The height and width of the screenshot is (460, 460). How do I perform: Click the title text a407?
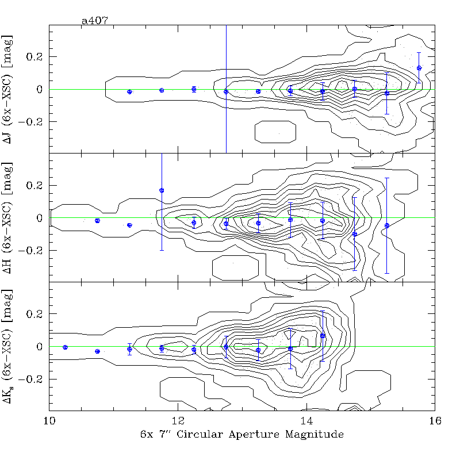click(x=95, y=21)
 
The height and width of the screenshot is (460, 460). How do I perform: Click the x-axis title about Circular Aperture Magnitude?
click(x=242, y=435)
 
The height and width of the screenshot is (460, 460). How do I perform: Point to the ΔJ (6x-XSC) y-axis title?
click(x=10, y=89)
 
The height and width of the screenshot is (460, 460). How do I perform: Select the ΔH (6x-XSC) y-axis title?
click(x=10, y=218)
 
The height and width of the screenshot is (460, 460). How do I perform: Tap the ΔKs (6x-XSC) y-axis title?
click(x=10, y=347)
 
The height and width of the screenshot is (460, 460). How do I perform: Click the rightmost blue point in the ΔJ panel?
click(x=419, y=68)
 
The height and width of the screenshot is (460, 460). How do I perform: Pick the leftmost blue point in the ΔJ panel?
click(x=129, y=92)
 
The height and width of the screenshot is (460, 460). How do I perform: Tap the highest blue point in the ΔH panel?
click(x=162, y=190)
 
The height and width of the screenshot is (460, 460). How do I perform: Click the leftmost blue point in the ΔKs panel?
click(x=65, y=347)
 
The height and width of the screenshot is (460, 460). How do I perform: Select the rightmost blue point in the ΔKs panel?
click(x=323, y=336)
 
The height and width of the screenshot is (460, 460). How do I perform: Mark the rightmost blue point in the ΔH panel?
click(x=387, y=225)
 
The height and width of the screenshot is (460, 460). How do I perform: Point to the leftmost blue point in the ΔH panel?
click(x=97, y=221)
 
